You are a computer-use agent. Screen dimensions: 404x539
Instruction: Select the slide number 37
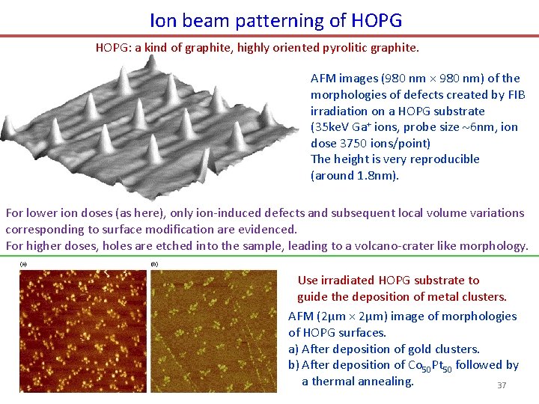[502, 385]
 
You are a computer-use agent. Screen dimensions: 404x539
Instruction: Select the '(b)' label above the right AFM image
[155, 264]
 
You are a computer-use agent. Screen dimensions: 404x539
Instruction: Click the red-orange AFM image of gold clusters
[83, 330]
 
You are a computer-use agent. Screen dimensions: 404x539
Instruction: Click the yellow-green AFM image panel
[213, 330]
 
